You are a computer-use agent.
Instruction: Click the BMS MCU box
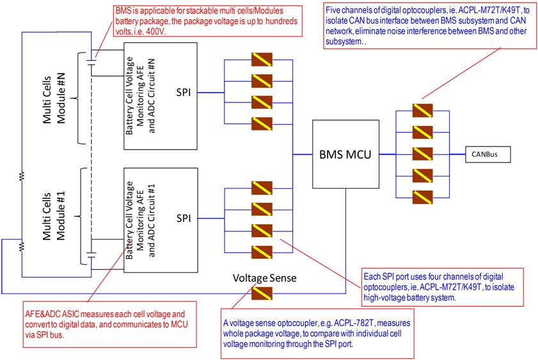click(345, 154)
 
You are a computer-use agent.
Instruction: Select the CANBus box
click(488, 154)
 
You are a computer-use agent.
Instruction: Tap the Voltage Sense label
click(265, 278)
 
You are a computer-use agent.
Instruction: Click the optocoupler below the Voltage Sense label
click(262, 293)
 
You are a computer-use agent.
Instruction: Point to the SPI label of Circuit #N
click(184, 92)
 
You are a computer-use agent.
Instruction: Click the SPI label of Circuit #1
click(184, 218)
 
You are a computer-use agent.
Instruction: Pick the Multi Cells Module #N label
click(54, 99)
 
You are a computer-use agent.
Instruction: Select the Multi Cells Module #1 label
click(54, 216)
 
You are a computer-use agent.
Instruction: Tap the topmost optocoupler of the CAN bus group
click(422, 111)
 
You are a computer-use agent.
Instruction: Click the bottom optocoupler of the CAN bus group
click(422, 198)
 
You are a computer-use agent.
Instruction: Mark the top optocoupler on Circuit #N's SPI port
click(262, 59)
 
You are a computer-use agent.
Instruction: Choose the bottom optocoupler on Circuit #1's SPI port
click(262, 252)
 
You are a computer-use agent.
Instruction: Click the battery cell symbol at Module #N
click(91, 62)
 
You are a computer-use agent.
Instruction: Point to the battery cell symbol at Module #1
click(91, 254)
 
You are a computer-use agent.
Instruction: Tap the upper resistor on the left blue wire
click(22, 176)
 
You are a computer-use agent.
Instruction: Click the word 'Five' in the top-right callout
click(333, 10)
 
